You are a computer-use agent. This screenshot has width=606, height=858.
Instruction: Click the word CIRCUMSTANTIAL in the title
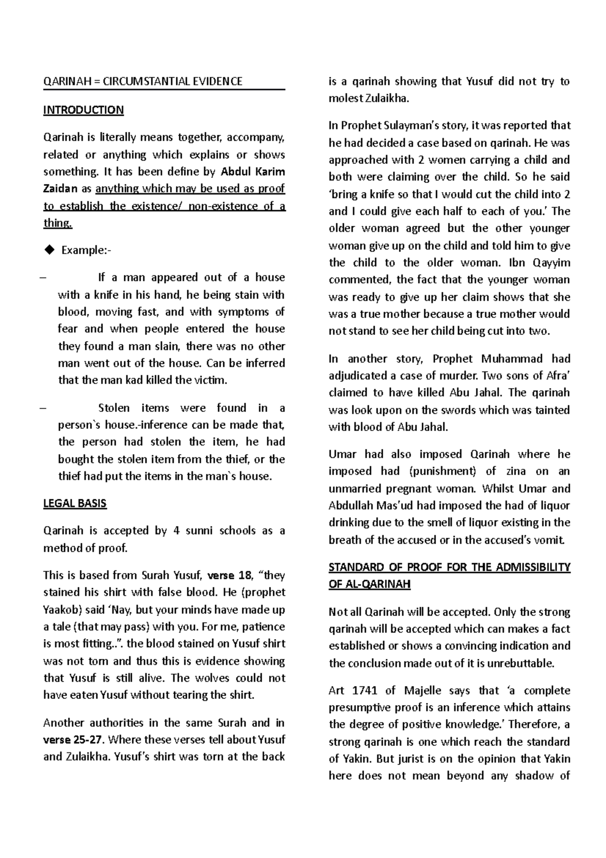coord(151,81)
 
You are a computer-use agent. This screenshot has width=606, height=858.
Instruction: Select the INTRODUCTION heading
coord(83,110)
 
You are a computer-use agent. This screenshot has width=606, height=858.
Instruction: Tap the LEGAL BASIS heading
coord(75,503)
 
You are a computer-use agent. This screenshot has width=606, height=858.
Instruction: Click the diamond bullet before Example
coord(49,250)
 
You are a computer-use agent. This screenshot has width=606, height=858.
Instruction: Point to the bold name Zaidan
coord(60,189)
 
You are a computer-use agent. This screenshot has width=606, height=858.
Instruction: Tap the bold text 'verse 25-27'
coord(74,740)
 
